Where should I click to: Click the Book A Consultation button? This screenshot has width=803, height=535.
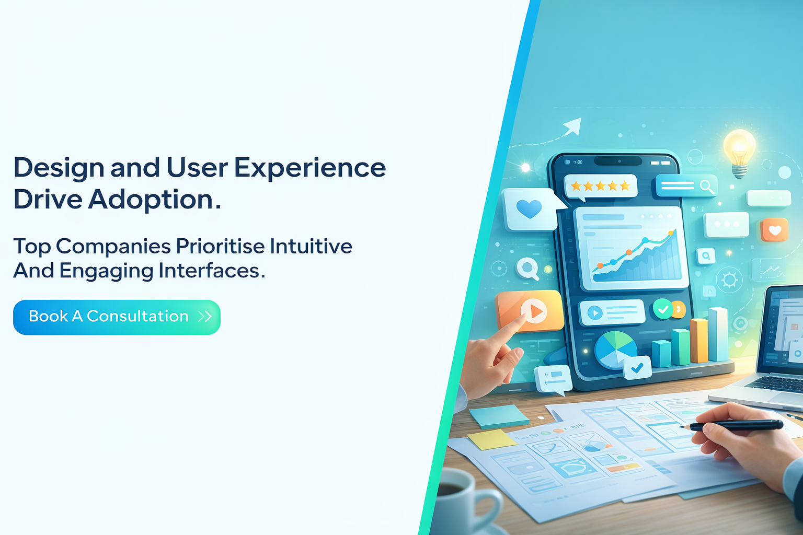(117, 317)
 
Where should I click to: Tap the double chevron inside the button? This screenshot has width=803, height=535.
(205, 317)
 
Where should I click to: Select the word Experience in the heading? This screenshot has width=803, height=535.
(309, 168)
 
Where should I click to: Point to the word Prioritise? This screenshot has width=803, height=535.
(220, 246)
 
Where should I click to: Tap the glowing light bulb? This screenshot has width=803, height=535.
(739, 149)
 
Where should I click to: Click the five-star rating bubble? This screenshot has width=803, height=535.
(600, 186)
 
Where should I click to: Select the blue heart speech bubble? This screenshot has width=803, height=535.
(529, 209)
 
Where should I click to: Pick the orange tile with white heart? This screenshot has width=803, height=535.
(774, 230)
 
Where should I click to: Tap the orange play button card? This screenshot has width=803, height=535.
(530, 311)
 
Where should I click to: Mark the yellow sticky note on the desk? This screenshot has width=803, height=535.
(491, 439)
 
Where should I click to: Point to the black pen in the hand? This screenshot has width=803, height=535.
(737, 426)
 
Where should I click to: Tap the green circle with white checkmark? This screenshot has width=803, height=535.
(662, 309)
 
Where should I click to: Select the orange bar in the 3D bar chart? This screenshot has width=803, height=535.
(698, 340)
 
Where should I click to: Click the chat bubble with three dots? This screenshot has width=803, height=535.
(726, 224)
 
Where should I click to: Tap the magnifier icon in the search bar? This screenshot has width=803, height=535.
(706, 186)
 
